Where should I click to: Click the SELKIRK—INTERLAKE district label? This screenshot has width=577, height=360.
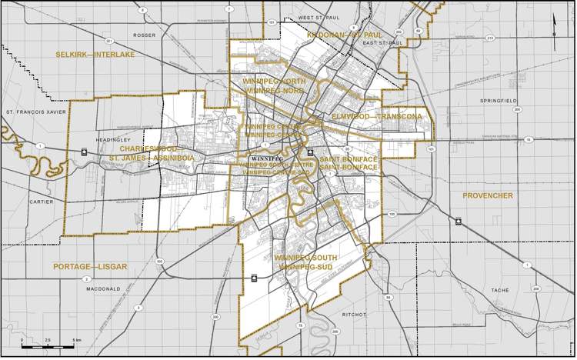tap(95, 55)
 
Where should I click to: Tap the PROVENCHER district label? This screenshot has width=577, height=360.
tap(487, 196)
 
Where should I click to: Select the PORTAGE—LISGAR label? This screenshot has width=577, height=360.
tap(90, 266)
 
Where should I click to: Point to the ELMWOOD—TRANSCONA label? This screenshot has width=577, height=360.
tap(375, 116)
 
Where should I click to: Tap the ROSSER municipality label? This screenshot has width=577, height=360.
tap(144, 35)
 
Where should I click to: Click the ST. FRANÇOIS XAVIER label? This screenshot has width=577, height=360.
tap(32, 112)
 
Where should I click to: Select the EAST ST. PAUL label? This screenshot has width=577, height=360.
tap(378, 43)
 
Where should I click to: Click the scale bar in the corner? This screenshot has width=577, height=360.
tap(52, 345)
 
